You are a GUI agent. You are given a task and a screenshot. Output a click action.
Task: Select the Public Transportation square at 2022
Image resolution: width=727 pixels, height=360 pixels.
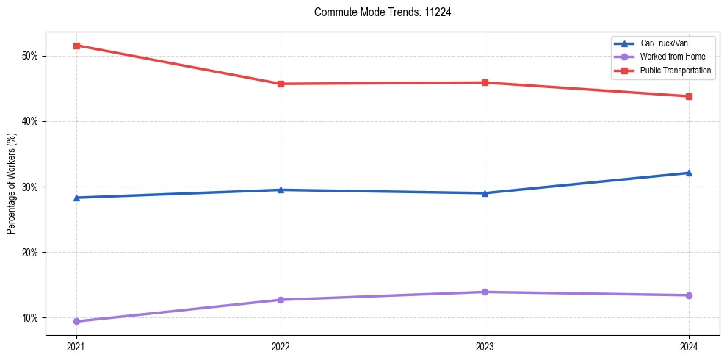pos(281,84)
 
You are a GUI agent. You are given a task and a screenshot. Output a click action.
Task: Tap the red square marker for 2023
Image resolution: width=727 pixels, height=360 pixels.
pos(485,82)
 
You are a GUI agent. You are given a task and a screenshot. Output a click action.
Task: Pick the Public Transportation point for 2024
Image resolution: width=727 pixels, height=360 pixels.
pos(689,96)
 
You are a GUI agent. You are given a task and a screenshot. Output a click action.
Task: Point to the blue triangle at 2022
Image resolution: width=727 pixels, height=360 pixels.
pos(281,190)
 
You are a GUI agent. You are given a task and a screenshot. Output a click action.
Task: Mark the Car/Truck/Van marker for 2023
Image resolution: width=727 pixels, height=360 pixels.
pos(485,193)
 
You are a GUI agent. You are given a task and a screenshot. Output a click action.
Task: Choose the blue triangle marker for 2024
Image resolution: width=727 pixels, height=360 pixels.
pos(689,173)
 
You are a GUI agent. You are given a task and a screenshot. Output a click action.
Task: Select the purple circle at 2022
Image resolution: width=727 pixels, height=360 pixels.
pos(281,300)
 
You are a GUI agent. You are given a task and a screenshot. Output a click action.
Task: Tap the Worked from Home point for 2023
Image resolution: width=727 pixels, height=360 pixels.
pos(485,292)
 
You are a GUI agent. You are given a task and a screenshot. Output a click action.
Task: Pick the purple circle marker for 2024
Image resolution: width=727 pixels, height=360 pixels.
pos(689,295)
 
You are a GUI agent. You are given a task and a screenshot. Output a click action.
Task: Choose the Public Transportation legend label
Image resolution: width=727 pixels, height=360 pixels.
pos(675,71)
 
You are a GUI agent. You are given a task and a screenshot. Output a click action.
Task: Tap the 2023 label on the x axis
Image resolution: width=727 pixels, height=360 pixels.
pos(485,346)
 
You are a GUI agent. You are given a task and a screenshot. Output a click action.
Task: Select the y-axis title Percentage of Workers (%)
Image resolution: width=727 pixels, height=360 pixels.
pos(12,184)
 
